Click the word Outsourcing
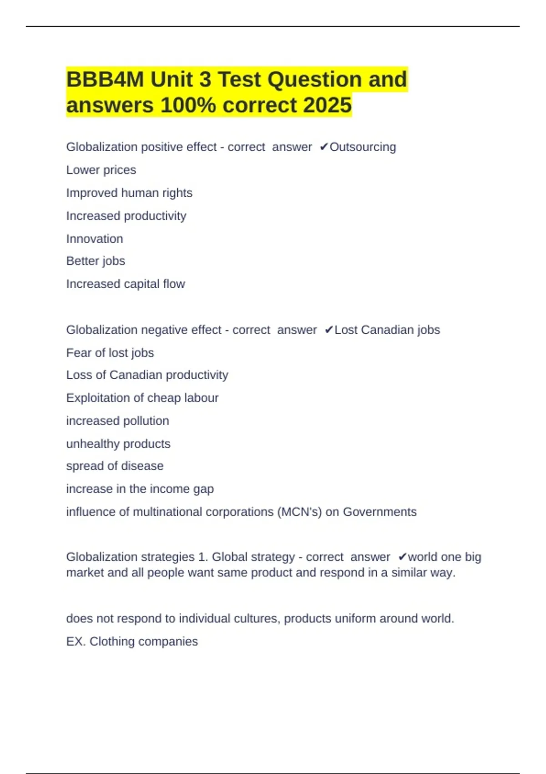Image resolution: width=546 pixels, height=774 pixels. click(x=363, y=147)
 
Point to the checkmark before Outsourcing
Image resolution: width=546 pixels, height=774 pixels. click(x=324, y=147)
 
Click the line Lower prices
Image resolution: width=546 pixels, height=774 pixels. click(x=101, y=170)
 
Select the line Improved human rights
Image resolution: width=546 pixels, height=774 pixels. click(x=129, y=193)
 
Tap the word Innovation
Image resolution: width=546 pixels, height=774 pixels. click(x=95, y=239)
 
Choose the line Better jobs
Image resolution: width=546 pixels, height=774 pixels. click(x=96, y=261)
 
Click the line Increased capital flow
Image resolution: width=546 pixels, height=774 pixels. click(x=126, y=284)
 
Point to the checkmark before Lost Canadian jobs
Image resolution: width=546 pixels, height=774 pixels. click(x=329, y=330)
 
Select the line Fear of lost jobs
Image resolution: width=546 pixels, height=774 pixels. click(x=110, y=353)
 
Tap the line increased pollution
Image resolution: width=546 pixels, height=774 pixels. click(x=117, y=421)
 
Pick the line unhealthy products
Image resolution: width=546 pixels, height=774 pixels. click(x=118, y=443)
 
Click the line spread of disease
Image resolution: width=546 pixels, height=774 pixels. click(x=115, y=466)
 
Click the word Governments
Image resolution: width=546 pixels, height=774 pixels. click(x=379, y=512)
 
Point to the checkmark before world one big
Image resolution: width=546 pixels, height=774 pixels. click(x=402, y=557)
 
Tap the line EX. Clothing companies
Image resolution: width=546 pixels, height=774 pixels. click(x=132, y=642)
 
